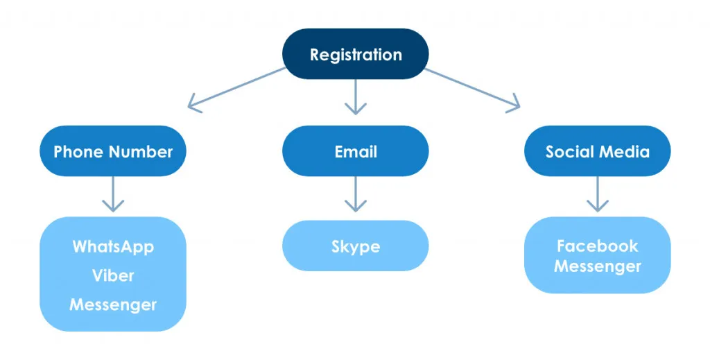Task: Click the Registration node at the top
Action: point(355,54)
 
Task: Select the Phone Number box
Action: point(113,151)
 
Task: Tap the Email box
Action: point(355,151)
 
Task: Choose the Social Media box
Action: point(597,151)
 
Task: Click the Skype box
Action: point(355,246)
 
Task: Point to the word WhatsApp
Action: point(113,246)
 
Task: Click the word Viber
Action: point(113,275)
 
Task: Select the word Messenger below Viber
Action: point(113,305)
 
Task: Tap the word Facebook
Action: point(597,246)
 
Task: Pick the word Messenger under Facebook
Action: point(597,266)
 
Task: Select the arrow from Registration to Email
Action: point(355,96)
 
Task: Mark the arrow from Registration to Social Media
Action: point(473,89)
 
